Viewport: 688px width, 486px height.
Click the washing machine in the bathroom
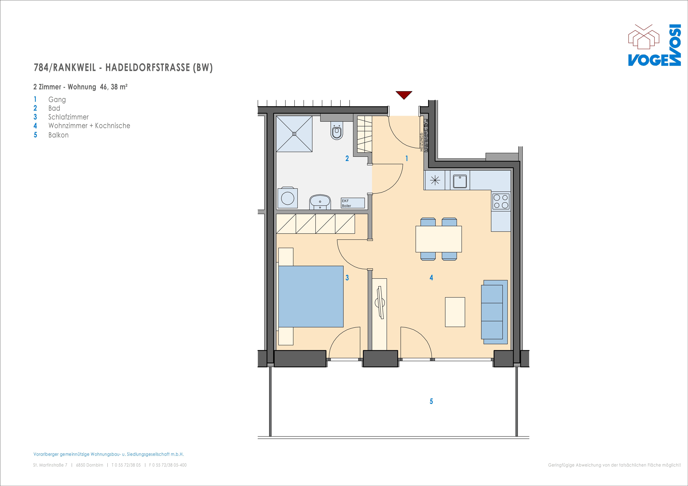pos(288,198)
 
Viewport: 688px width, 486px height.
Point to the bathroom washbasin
pos(320,202)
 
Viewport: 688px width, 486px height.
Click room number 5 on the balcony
pos(431,401)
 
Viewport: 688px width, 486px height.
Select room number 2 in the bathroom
pos(347,158)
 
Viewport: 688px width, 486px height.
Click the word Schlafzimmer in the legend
pos(69,117)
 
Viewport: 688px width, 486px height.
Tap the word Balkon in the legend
pos(58,135)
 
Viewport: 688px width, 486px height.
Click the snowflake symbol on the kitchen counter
pos(435,180)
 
